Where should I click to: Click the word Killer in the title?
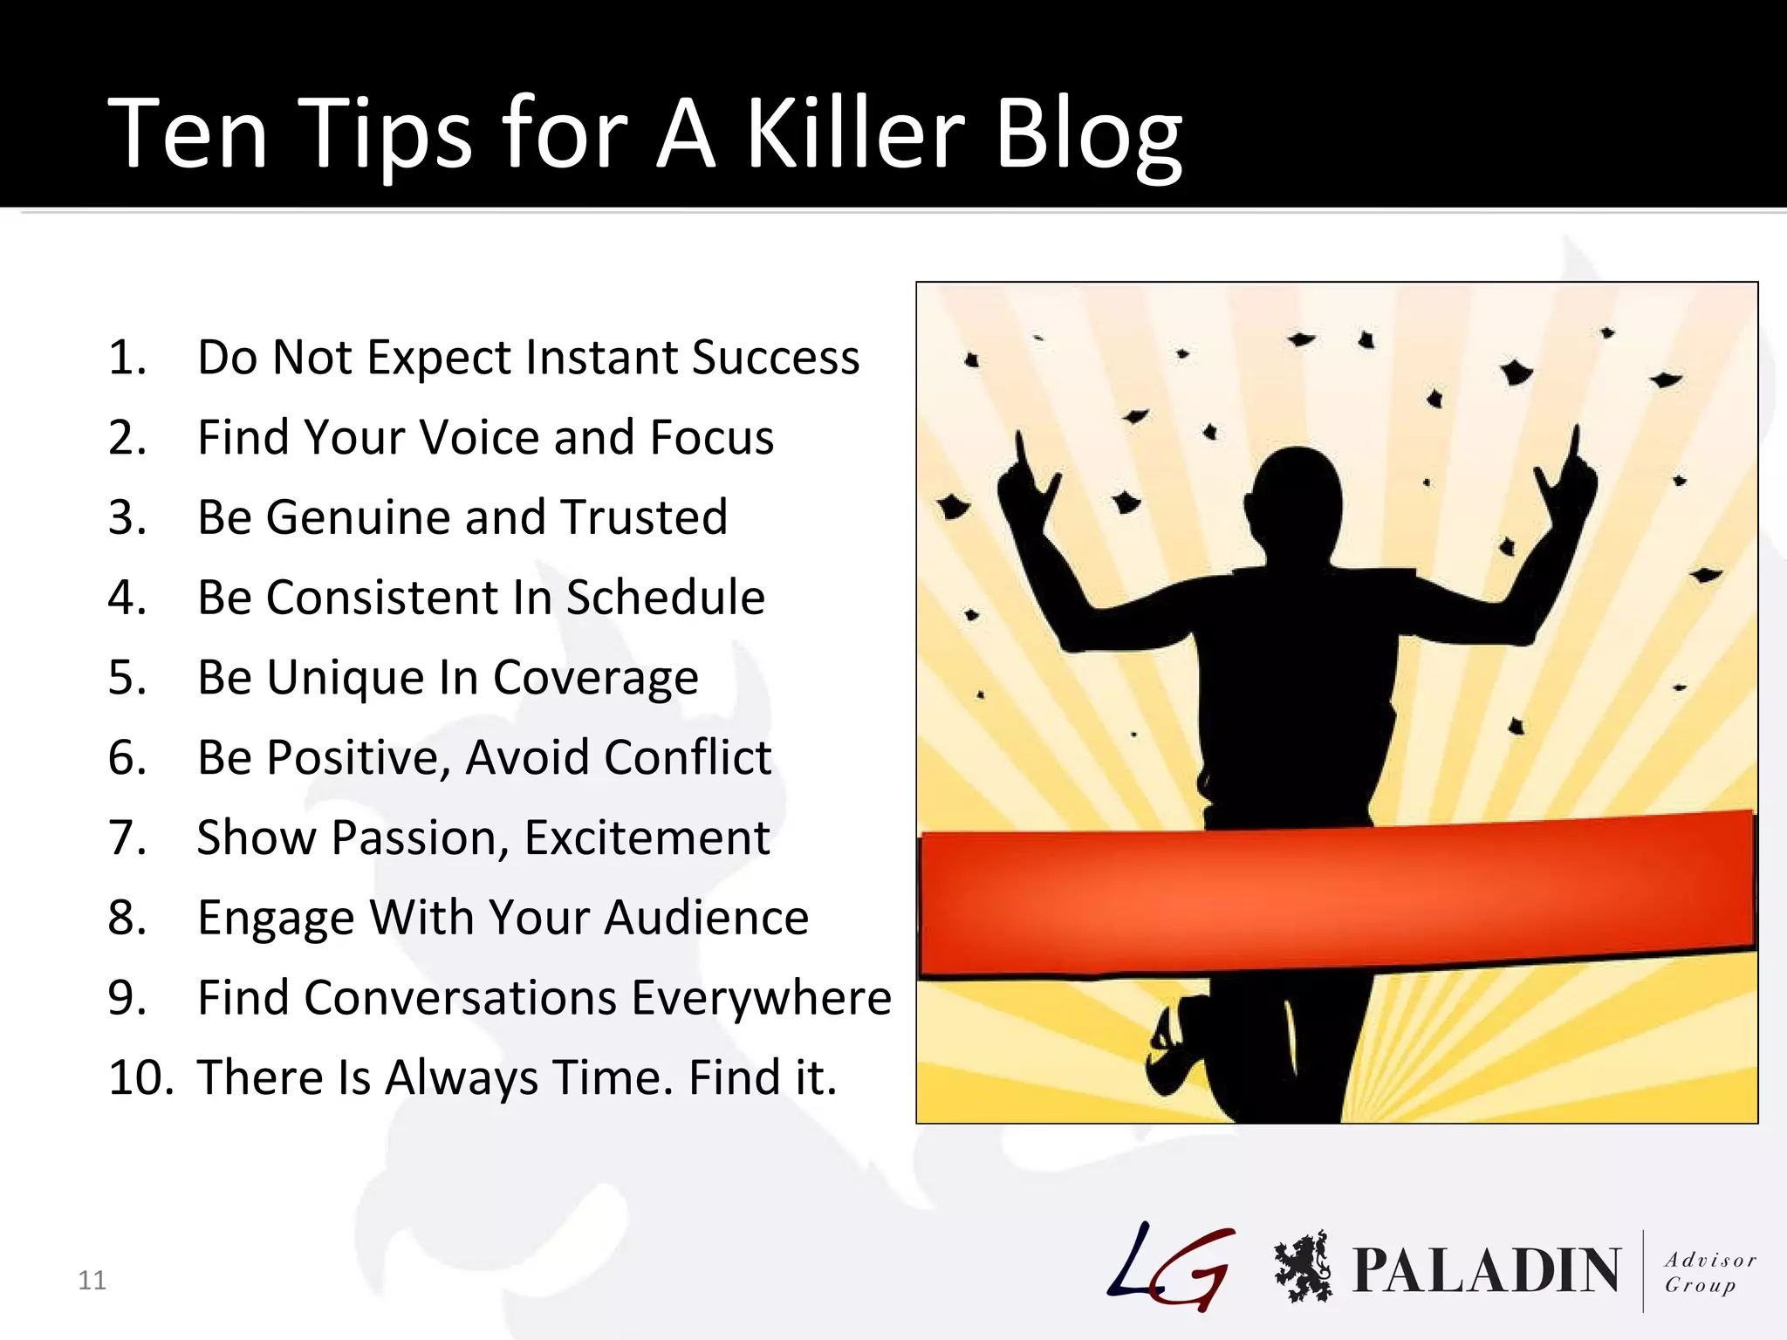pos(855,133)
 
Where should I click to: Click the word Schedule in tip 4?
pos(665,598)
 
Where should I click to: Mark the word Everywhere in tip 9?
pos(761,997)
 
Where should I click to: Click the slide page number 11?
pos(92,1280)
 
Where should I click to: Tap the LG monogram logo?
pos(1171,1267)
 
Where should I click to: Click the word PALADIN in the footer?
pos(1485,1270)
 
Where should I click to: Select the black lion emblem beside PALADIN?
pos(1302,1267)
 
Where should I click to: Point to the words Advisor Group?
pos(1708,1272)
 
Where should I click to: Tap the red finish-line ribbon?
pos(1335,899)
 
